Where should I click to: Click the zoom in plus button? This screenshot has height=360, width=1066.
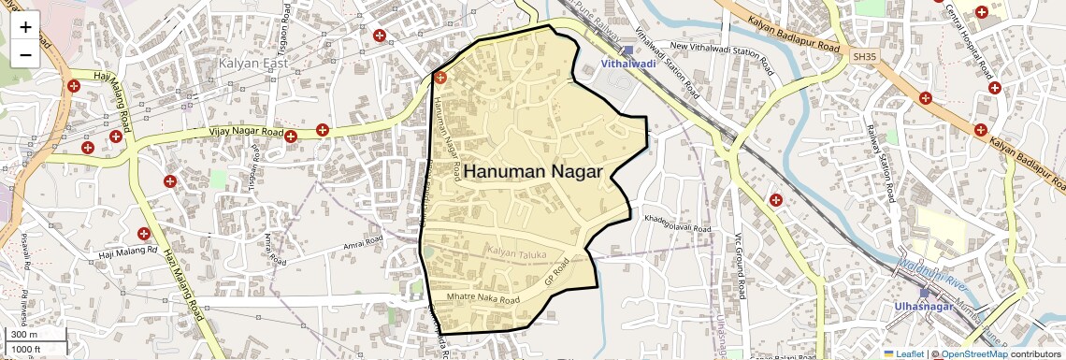[x=25, y=27]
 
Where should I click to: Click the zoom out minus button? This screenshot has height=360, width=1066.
[x=25, y=54]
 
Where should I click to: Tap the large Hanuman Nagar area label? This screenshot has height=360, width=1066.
[x=532, y=172]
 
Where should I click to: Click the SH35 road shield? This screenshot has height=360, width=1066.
[x=864, y=57]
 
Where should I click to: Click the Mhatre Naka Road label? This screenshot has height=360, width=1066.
[x=483, y=299]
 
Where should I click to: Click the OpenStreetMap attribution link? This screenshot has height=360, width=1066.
[x=973, y=353]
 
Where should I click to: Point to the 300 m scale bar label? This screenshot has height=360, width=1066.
[x=23, y=334]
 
